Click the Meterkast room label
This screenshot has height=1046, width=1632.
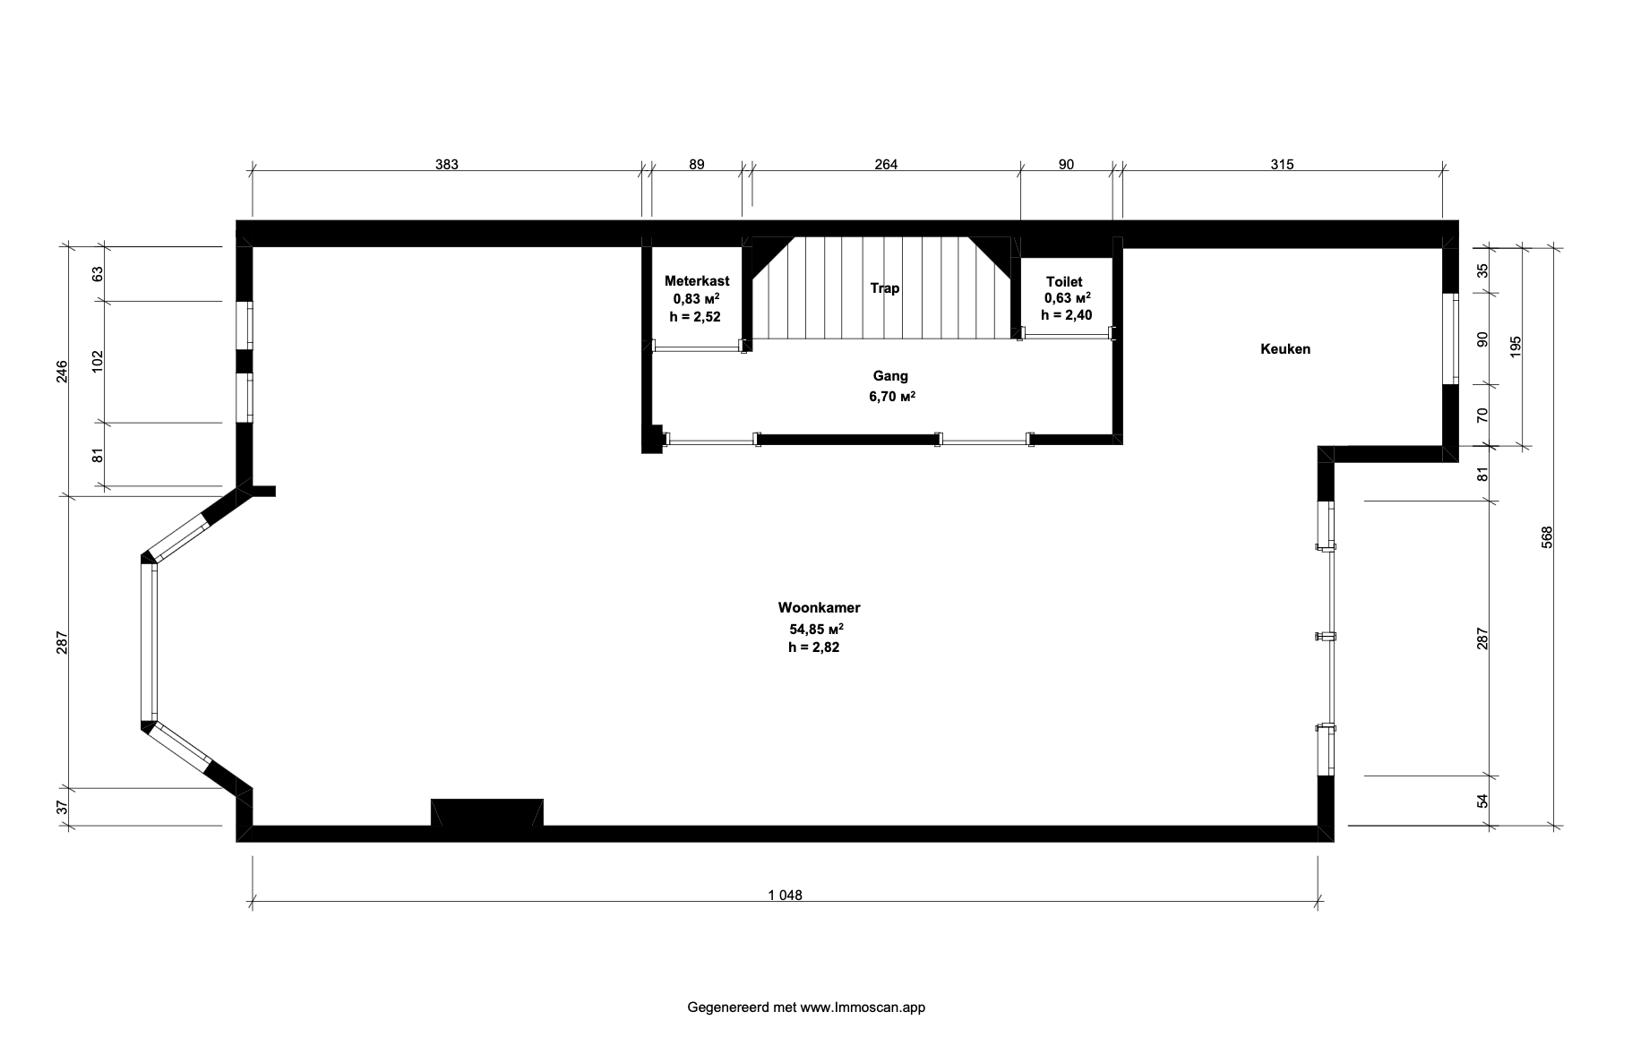pyautogui.click(x=697, y=281)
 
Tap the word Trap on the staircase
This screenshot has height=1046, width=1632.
pyautogui.click(x=885, y=288)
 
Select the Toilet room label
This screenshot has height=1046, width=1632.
pyautogui.click(x=1064, y=282)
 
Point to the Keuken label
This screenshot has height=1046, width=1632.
pyautogui.click(x=1285, y=349)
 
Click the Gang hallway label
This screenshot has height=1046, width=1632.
pyautogui.click(x=891, y=377)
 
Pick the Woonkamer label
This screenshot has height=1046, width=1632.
pyautogui.click(x=820, y=608)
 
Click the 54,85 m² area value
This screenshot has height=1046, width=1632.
pyautogui.click(x=816, y=628)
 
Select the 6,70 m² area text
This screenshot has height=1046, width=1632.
pyautogui.click(x=891, y=397)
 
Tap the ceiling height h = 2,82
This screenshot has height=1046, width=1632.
pyautogui.click(x=814, y=647)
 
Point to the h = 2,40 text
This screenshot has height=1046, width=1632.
pyautogui.click(x=1066, y=315)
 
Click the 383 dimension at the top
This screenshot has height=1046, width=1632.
pyautogui.click(x=447, y=164)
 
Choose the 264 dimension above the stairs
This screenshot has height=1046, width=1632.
pyautogui.click(x=886, y=164)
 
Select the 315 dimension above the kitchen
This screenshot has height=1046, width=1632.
pyautogui.click(x=1283, y=164)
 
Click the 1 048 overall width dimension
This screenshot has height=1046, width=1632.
pyautogui.click(x=785, y=895)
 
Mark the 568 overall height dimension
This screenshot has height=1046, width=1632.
pyautogui.click(x=1547, y=536)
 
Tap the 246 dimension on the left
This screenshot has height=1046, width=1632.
pyautogui.click(x=62, y=371)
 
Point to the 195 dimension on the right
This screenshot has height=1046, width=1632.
pyautogui.click(x=1516, y=347)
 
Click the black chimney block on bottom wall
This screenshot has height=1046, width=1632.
pyautogui.click(x=487, y=812)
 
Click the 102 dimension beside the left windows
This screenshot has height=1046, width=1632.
pyautogui.click(x=98, y=361)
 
